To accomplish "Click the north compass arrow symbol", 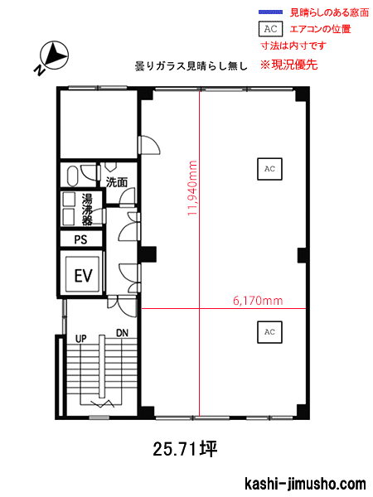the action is (53, 56).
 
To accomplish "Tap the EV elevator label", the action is (84, 275).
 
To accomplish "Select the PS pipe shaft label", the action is (80, 239).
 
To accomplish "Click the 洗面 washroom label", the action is (117, 182).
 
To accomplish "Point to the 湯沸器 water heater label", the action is (87, 209).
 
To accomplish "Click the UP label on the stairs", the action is (81, 339).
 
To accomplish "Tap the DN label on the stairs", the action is (122, 333).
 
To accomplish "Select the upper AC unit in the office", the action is (269, 169).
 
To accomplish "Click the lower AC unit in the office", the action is (269, 332).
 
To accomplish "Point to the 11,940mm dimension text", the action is (192, 188).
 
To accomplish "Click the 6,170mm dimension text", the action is (258, 301).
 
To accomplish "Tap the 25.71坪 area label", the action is (185, 449).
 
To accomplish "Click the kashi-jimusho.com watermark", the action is (305, 484).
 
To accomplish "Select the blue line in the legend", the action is (270, 12).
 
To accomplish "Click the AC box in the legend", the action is (270, 29).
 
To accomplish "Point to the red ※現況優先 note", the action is (288, 65).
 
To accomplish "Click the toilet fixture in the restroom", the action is (73, 176).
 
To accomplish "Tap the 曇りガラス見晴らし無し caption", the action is (191, 66).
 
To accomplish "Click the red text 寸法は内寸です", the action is (293, 46).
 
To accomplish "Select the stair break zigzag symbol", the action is (103, 403).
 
